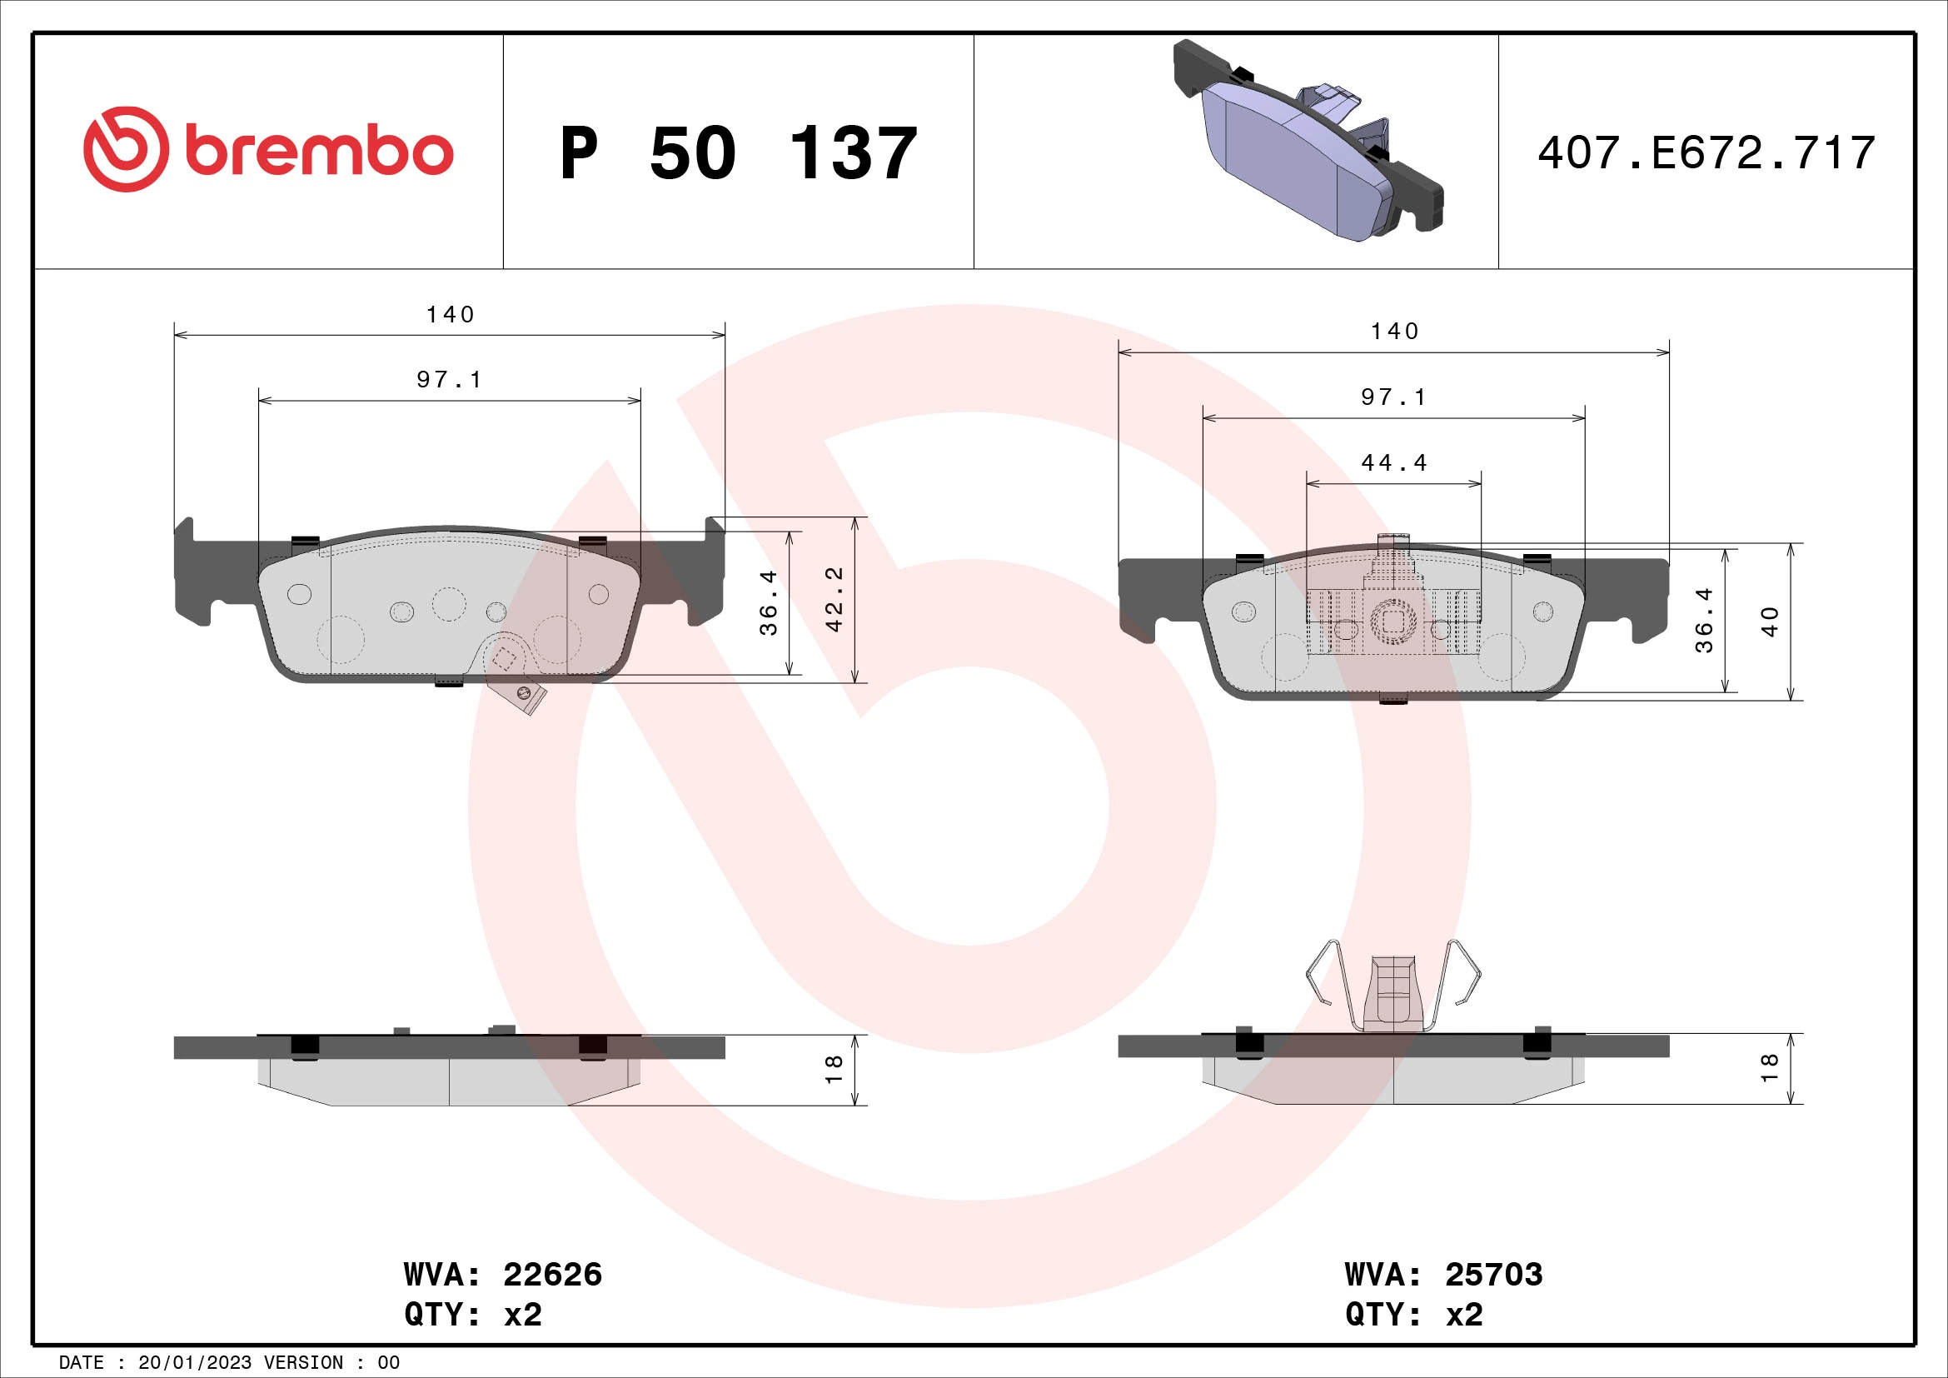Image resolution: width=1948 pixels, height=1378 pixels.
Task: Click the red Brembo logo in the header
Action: (268, 150)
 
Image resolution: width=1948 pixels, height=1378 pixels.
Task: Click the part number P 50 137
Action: (738, 153)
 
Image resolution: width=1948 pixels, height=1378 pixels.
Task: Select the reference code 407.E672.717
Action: (1706, 153)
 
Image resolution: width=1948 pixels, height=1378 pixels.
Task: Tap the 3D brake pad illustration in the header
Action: (1308, 141)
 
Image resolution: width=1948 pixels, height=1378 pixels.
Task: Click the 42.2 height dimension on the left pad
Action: (835, 599)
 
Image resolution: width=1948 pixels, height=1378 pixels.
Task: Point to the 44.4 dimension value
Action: (1394, 463)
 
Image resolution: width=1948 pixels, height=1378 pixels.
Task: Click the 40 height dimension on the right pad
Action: (1770, 622)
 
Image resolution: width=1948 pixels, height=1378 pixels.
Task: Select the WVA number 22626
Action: (552, 1275)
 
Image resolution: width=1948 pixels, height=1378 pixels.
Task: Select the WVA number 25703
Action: (1493, 1275)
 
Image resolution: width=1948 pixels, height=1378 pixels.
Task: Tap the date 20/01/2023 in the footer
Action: (194, 1363)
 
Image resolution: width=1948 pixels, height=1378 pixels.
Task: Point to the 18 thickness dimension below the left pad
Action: (834, 1069)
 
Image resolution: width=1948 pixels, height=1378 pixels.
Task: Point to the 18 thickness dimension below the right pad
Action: (1770, 1067)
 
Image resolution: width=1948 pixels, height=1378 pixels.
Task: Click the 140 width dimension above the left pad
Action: (450, 315)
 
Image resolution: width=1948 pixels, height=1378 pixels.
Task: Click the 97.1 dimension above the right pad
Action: (1393, 397)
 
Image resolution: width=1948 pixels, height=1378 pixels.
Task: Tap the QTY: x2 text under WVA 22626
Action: (472, 1315)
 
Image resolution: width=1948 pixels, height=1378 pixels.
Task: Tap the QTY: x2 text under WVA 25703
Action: (1413, 1315)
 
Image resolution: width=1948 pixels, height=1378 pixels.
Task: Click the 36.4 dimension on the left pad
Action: (769, 602)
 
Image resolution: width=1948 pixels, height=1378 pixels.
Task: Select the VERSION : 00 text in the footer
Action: (331, 1363)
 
